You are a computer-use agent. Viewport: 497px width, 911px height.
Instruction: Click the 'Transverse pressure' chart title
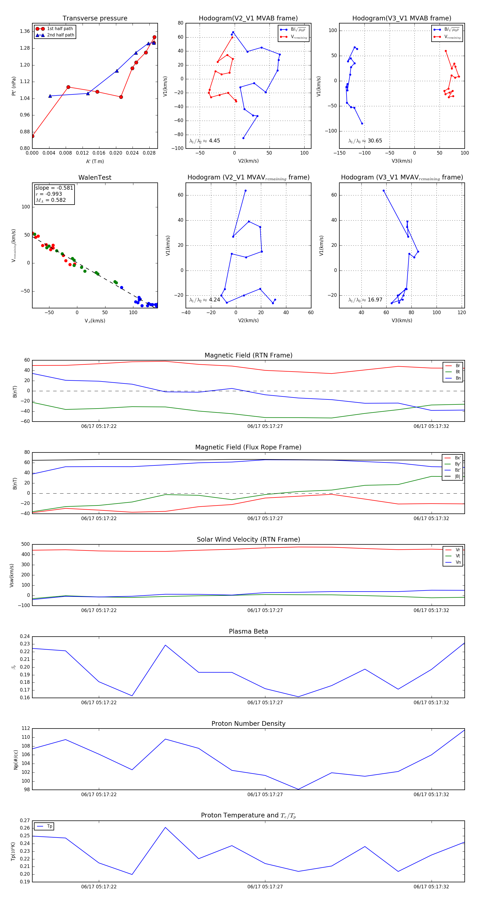[95, 18]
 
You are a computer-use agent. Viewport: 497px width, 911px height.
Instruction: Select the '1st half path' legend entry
[60, 29]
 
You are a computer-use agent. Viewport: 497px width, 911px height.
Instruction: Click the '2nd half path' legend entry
[60, 35]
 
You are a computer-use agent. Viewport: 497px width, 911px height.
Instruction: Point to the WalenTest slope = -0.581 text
[54, 188]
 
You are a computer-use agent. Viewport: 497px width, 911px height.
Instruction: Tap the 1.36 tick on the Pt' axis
[25, 31]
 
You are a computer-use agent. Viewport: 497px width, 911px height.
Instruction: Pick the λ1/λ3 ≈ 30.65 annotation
[365, 141]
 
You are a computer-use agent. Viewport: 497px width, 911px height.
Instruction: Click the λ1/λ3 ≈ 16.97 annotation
[365, 300]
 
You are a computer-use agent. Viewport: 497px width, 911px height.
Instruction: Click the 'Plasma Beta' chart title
[248, 631]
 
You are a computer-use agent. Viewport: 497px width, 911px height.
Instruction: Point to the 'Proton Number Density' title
[248, 723]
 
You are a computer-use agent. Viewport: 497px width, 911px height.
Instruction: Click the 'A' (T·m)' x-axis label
[95, 161]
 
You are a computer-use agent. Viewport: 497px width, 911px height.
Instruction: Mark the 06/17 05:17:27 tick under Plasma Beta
[265, 702]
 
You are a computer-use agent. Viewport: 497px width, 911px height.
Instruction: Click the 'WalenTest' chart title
[95, 178]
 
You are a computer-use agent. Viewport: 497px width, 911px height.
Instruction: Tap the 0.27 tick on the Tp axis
[25, 820]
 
